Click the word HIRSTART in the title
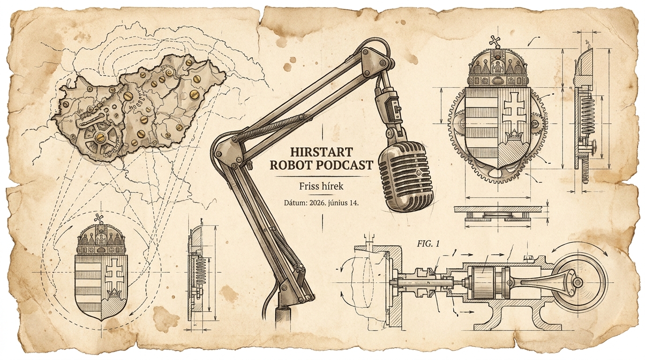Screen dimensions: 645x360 [322, 151]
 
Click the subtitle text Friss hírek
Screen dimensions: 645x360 [322, 186]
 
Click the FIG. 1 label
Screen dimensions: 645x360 [428, 244]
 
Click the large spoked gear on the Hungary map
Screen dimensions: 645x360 [100, 138]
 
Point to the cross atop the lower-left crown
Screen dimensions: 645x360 [100, 218]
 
